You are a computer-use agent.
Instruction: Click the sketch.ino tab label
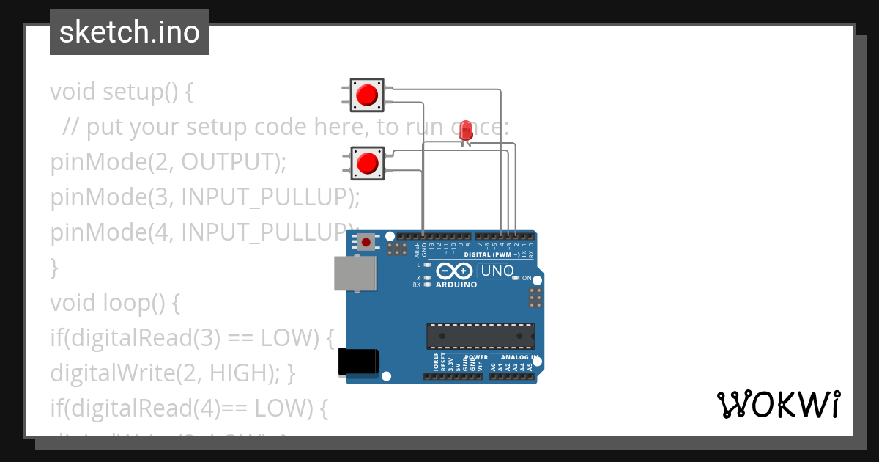coord(130,32)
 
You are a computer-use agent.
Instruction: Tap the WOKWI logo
coord(777,404)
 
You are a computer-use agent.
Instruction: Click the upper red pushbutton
coord(366,95)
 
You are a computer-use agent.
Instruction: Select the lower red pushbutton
coord(367,163)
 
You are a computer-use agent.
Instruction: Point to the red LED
coord(465,131)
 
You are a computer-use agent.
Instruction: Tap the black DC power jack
coord(358,362)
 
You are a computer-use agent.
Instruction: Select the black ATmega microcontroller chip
coord(481,336)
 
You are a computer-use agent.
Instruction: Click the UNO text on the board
coord(497,271)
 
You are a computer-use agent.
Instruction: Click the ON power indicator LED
coord(516,278)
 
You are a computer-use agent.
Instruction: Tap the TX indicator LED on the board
coord(428,278)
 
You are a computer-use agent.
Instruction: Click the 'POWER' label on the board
coord(475,358)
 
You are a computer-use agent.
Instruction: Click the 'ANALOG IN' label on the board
coord(519,358)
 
